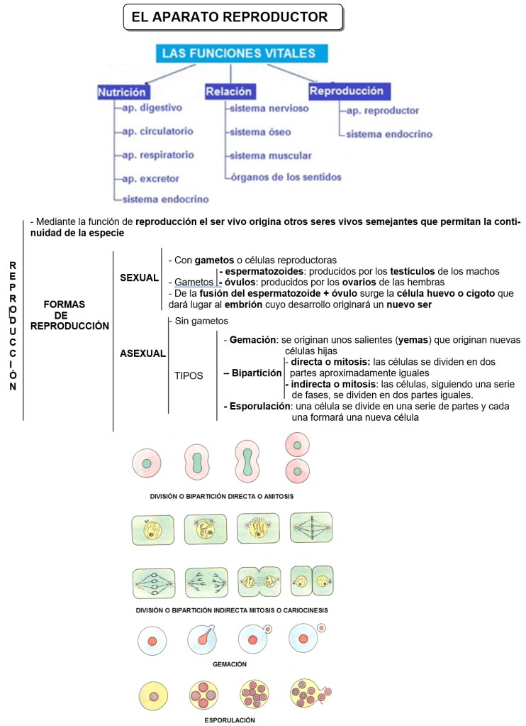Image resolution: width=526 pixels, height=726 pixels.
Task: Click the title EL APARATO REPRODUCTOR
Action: coord(230,17)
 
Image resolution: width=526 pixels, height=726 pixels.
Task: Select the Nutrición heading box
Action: coord(122,92)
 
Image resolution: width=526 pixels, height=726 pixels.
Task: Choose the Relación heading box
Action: coord(228,92)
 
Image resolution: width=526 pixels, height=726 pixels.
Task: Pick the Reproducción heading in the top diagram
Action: coord(347,91)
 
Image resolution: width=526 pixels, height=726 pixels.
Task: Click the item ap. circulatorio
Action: coord(157,131)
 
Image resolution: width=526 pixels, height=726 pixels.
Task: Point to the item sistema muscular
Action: coord(270,155)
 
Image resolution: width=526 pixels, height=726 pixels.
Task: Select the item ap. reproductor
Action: coord(383,111)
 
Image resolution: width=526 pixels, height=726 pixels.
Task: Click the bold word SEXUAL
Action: coord(139,277)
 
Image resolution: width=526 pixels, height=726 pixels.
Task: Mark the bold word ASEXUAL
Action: coord(143,353)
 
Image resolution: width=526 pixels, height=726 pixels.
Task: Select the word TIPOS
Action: coord(189,376)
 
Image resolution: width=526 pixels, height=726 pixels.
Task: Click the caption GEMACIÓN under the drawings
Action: coord(229,664)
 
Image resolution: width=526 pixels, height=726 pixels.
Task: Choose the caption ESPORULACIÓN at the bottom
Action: coord(229,720)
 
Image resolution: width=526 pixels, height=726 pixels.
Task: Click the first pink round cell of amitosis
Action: coord(147,464)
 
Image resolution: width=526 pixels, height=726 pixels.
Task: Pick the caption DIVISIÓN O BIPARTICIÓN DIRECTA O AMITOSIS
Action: coord(222,497)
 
